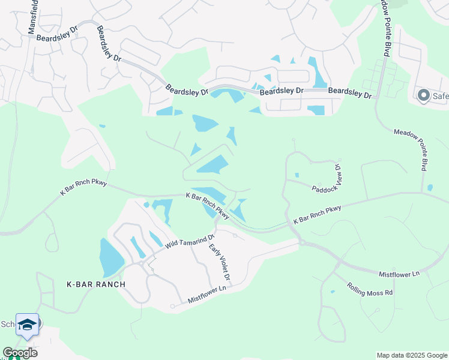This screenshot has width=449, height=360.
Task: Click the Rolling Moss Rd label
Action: click(x=370, y=289)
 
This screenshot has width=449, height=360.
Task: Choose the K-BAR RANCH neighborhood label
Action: click(x=96, y=284)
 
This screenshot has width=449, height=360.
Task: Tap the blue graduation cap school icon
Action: click(x=28, y=325)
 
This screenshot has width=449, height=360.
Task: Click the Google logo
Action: click(x=20, y=353)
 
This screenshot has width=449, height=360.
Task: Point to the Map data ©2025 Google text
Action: click(x=411, y=355)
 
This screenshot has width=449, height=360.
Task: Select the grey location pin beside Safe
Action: click(x=423, y=95)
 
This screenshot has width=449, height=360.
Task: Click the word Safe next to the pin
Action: click(x=440, y=95)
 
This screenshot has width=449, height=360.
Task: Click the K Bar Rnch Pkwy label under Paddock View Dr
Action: click(x=317, y=215)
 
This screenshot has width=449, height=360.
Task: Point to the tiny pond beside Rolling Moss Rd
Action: click(x=333, y=292)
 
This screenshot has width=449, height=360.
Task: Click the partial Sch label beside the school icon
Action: click(x=7, y=324)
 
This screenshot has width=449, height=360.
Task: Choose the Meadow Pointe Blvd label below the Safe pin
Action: click(x=411, y=149)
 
